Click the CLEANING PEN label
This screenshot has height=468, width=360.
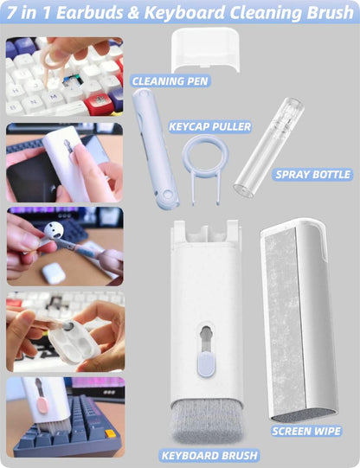pyautogui.click(x=170, y=81)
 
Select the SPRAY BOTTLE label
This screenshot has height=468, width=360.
pyautogui.click(x=312, y=175)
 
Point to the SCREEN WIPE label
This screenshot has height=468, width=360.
pyautogui.click(x=305, y=430)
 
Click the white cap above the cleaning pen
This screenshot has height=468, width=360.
pyautogui.click(x=205, y=49)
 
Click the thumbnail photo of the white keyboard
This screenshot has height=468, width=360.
pyautogui.click(x=64, y=76)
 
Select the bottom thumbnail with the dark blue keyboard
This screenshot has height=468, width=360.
pyautogui.click(x=64, y=416)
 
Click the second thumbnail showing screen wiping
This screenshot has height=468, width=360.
pyautogui.click(x=64, y=161)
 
